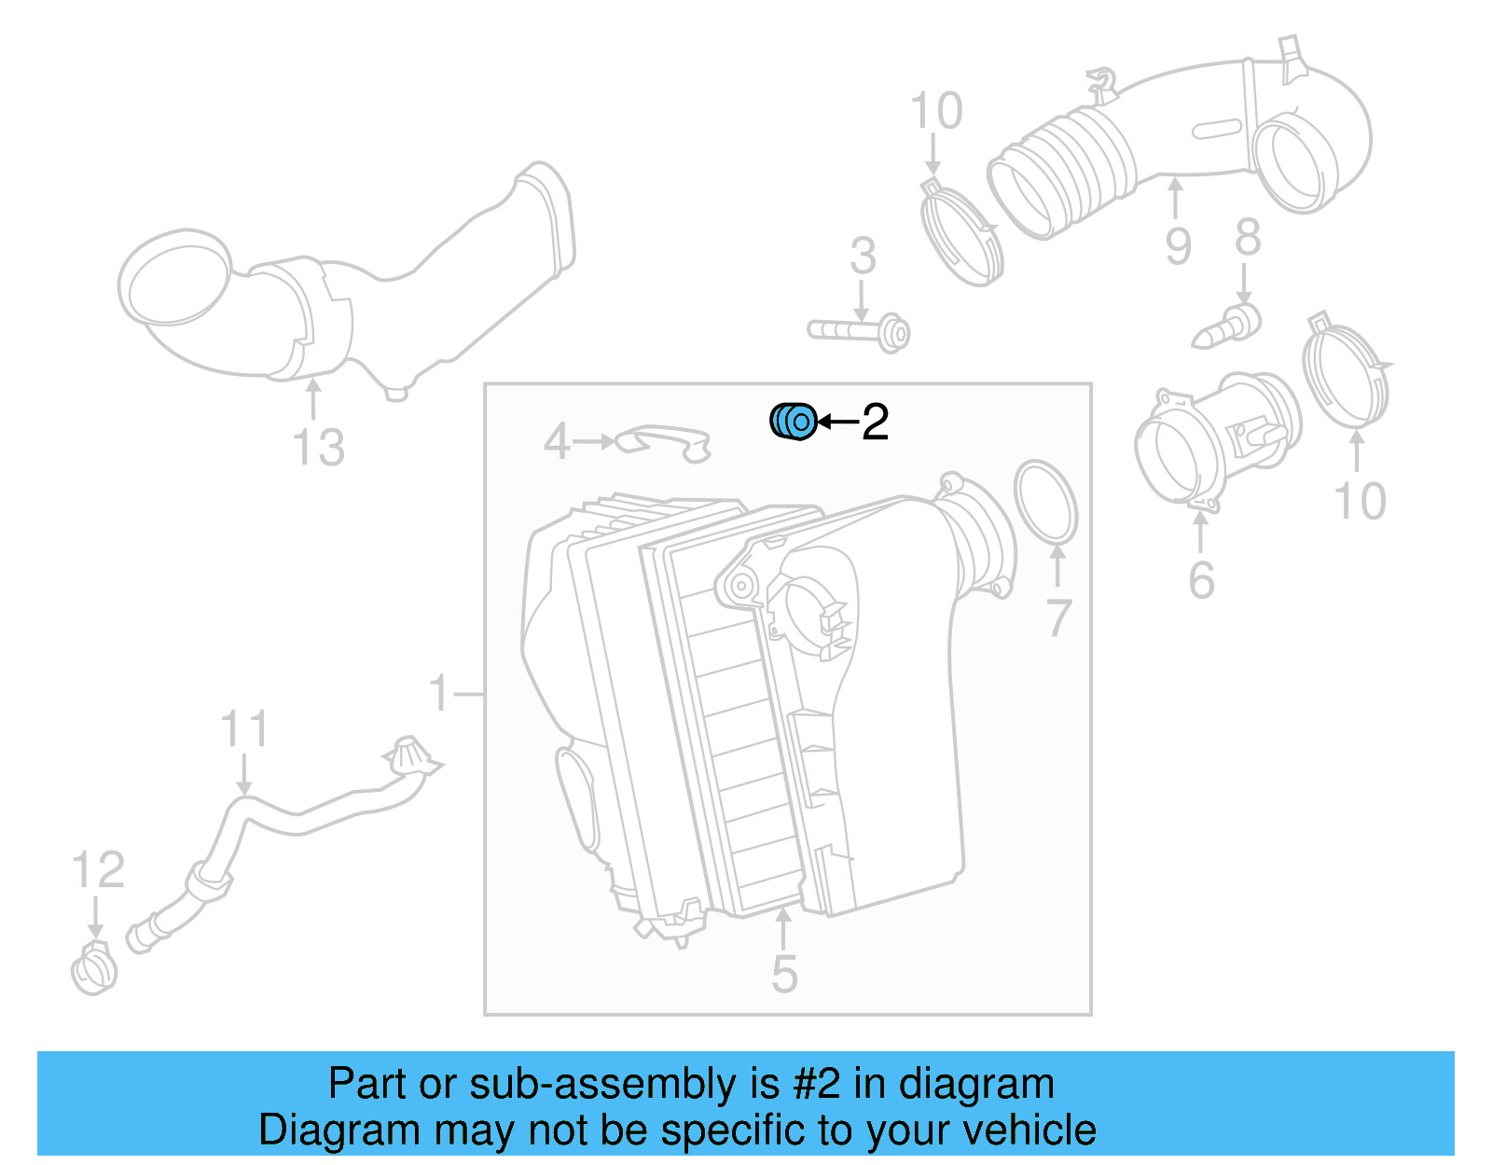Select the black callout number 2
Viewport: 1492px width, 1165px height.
875,423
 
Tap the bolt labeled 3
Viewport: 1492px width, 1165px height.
859,330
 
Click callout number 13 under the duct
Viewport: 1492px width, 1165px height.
318,447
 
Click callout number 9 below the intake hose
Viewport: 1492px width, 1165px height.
1178,245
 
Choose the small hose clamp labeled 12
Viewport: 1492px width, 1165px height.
94,971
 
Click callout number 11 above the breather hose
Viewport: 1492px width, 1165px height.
244,729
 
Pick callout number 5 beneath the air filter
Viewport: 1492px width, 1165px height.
784,974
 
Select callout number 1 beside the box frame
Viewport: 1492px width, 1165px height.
439,694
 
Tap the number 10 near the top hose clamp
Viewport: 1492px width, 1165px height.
935,112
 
